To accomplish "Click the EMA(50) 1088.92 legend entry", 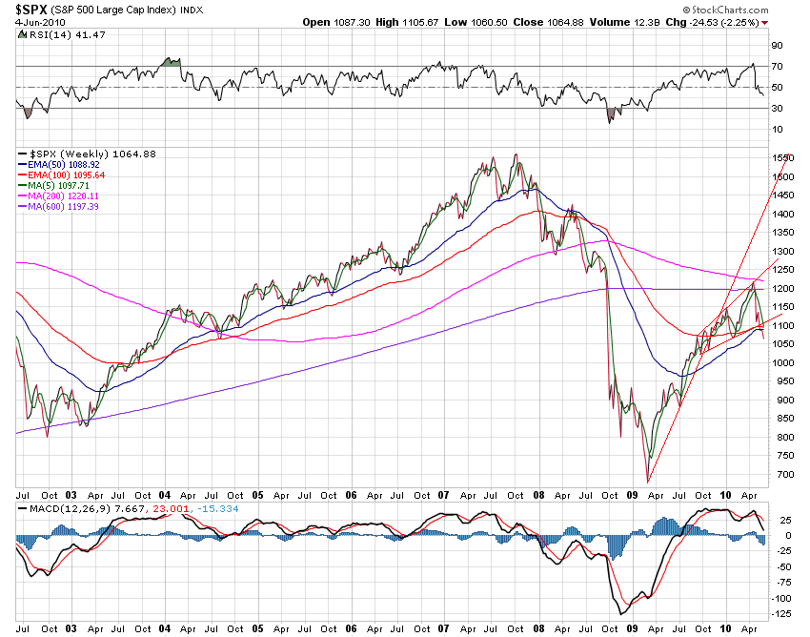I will (71, 164).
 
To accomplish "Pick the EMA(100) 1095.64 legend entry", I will (73, 175).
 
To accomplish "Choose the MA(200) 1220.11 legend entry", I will (71, 195).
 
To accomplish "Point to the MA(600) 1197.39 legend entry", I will (71, 206).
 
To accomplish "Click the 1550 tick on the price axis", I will (782, 157).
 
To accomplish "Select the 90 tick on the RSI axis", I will (777, 45).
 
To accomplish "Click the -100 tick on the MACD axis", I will (781, 598).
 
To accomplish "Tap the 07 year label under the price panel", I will (443, 496).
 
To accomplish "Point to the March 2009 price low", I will (648, 481).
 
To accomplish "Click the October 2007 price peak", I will (516, 154).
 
